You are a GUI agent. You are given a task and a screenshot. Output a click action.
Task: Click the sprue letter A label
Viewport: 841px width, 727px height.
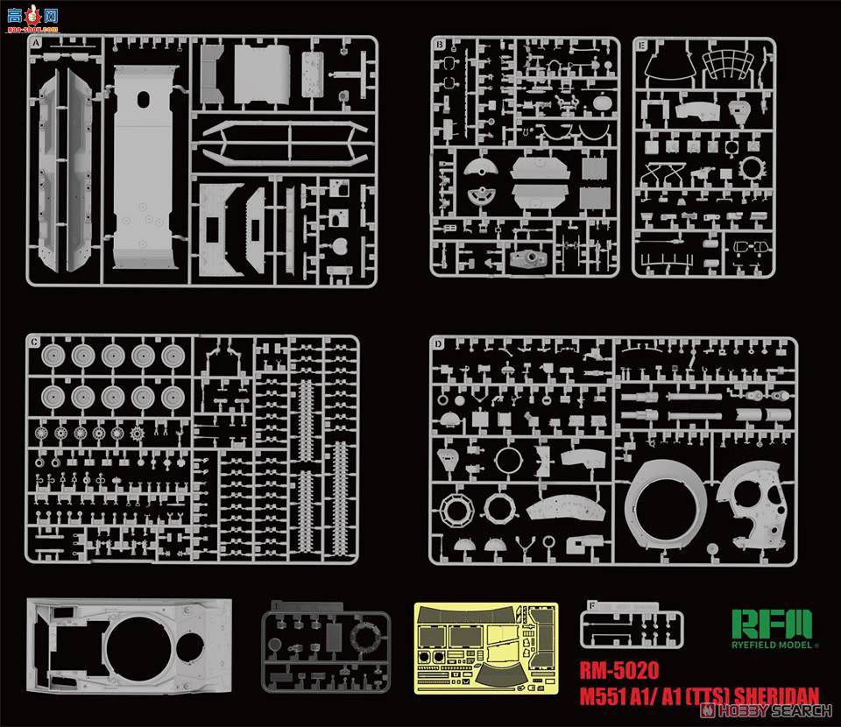point(36,43)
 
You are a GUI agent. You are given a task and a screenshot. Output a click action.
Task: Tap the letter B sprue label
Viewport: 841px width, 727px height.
point(438,44)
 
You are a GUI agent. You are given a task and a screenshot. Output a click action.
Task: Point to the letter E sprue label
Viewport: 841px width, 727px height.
point(641,45)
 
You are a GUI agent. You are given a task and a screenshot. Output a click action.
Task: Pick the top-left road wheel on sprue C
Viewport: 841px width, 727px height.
point(52,356)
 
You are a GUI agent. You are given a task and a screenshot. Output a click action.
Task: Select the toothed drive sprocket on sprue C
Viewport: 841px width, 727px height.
point(137,434)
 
